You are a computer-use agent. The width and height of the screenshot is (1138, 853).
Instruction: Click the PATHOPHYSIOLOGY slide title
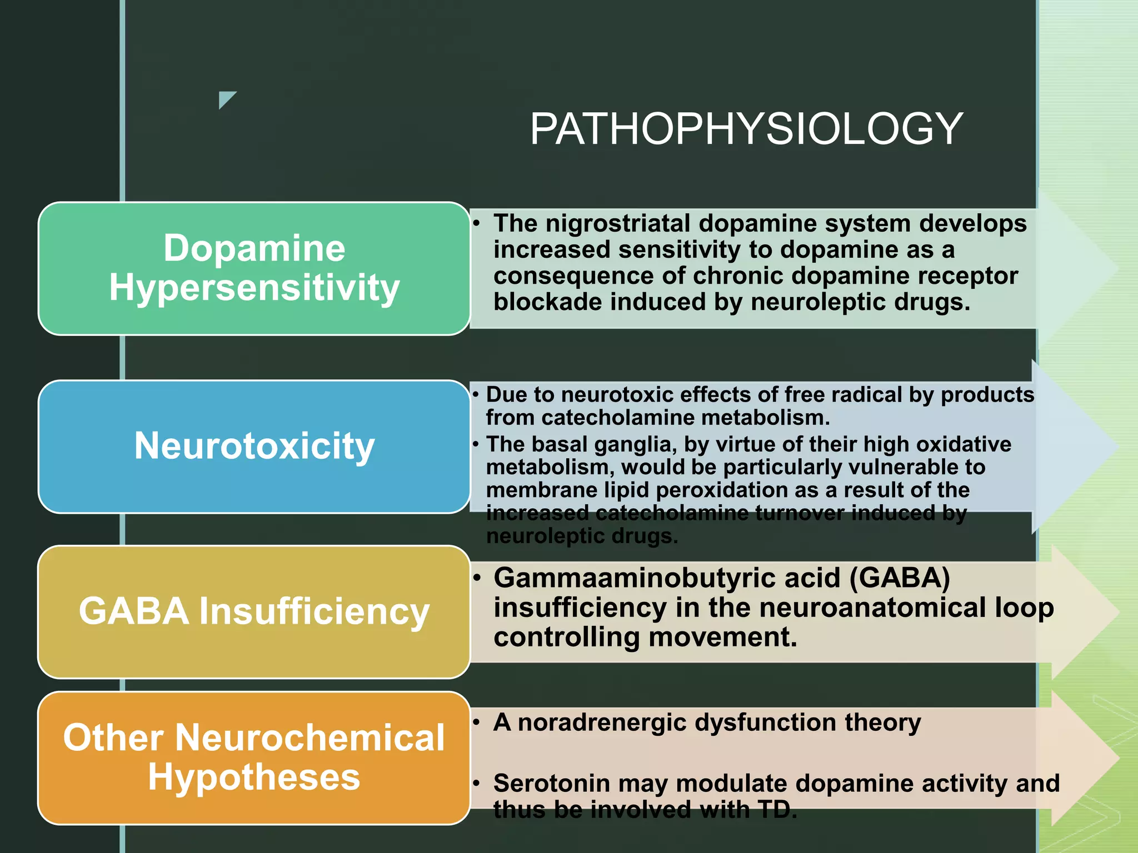[x=746, y=129]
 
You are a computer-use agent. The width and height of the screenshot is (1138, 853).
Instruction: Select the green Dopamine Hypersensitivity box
[x=254, y=268]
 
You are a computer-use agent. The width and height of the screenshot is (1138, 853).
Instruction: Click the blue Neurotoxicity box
[x=254, y=446]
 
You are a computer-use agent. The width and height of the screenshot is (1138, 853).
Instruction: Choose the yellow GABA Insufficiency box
[x=254, y=611]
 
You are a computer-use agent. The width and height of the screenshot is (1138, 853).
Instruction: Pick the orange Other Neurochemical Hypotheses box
[x=254, y=757]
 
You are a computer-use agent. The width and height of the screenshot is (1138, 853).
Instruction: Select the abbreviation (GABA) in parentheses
[x=900, y=578]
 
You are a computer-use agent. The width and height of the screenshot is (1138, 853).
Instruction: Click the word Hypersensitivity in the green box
[x=254, y=288]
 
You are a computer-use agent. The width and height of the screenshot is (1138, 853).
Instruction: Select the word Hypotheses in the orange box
[x=254, y=777]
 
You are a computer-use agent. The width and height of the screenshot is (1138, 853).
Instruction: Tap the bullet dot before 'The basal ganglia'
[x=476, y=444]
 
